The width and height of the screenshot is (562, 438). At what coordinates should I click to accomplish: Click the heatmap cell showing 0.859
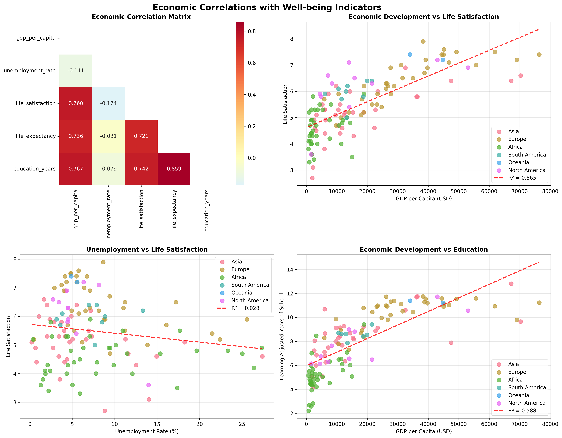pyautogui.click(x=174, y=169)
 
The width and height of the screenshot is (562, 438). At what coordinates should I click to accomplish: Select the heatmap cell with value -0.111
pyautogui.click(x=76, y=71)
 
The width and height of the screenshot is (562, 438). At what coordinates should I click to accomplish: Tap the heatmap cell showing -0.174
pyautogui.click(x=108, y=103)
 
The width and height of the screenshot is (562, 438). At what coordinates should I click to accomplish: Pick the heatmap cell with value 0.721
pyautogui.click(x=141, y=136)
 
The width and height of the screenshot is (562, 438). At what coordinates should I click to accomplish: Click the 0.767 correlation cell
pyautogui.click(x=76, y=169)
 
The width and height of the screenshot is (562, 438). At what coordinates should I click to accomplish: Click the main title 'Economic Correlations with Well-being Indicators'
pyautogui.click(x=267, y=7)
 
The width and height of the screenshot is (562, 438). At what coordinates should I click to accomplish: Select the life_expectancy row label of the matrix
pyautogui.click(x=36, y=136)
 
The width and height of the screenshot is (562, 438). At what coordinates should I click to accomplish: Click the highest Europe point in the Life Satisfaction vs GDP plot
pyautogui.click(x=423, y=41)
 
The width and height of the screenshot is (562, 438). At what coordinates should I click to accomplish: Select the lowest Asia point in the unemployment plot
pyautogui.click(x=105, y=411)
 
